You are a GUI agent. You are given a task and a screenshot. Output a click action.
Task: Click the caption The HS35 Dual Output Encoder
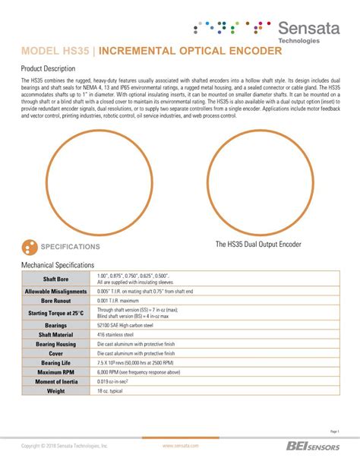258,245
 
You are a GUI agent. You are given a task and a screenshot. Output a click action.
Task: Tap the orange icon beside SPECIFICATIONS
30,247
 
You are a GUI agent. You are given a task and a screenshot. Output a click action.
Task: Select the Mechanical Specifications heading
58,265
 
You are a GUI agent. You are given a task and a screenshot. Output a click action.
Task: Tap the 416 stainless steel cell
115,334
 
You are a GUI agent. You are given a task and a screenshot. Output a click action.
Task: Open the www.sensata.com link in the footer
181,447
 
